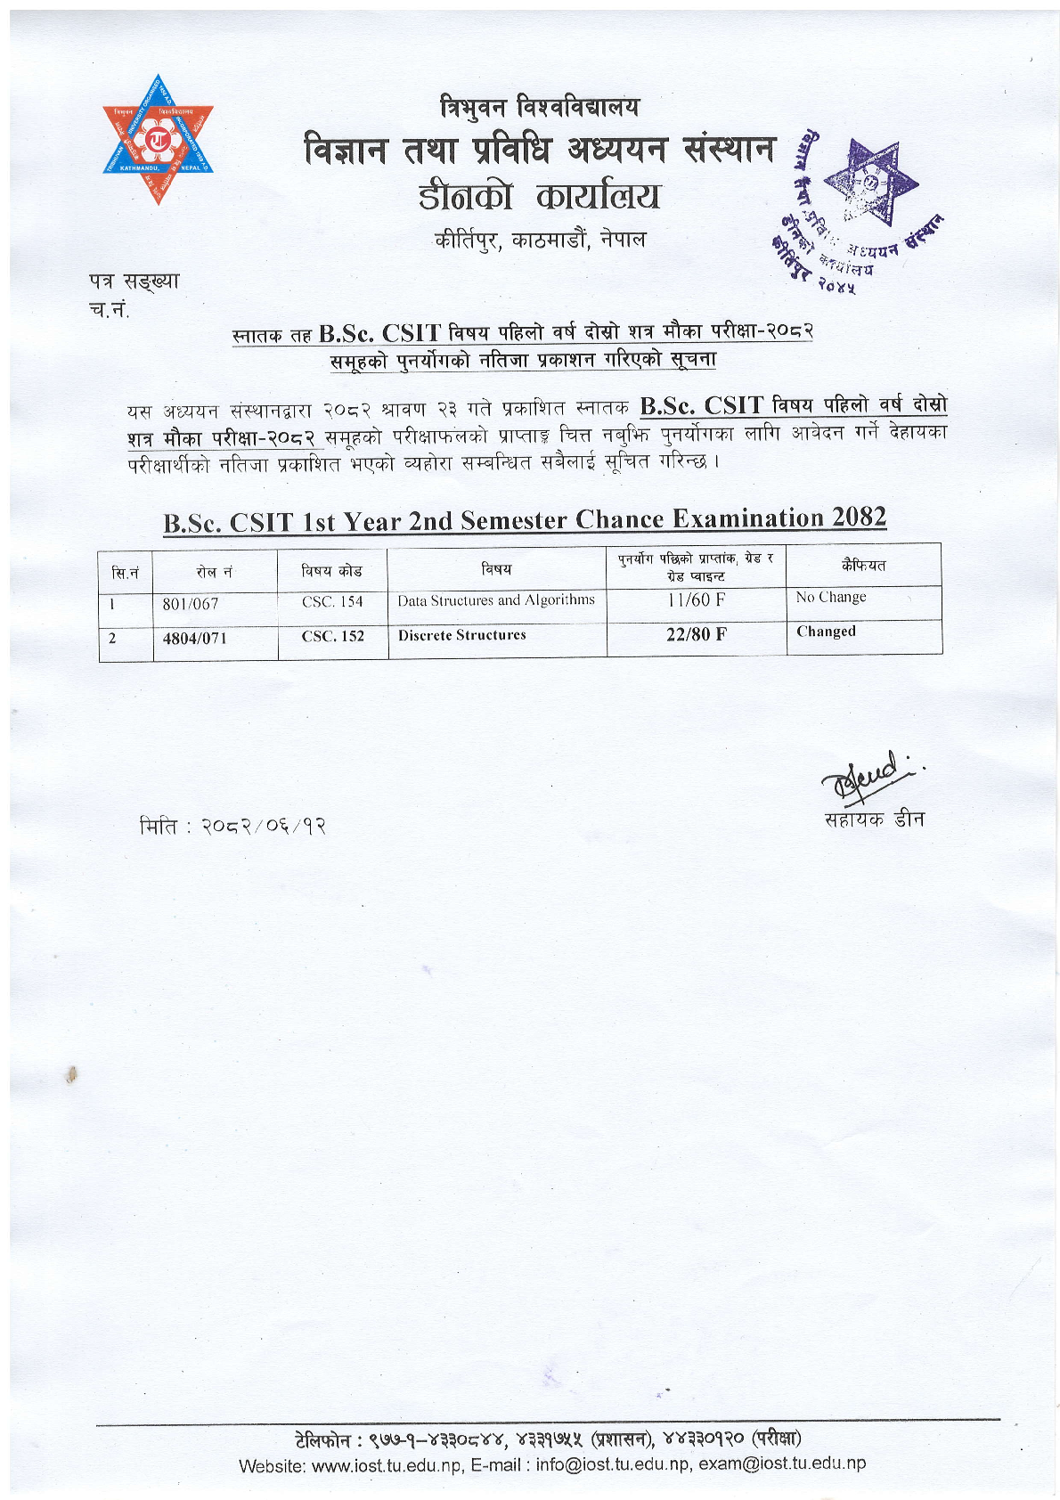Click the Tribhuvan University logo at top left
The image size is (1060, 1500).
158,140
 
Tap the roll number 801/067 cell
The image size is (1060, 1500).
191,604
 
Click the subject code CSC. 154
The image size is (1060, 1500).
332,602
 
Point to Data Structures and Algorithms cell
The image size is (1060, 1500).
496,600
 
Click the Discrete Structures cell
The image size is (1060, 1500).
462,635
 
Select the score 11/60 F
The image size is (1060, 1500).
696,600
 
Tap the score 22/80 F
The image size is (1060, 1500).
696,634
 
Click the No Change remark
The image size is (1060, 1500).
831,598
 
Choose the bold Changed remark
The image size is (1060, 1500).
826,632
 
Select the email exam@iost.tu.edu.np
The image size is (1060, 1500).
782,1463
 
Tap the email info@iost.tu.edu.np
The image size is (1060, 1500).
613,1464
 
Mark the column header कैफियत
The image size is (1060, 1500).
863,566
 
